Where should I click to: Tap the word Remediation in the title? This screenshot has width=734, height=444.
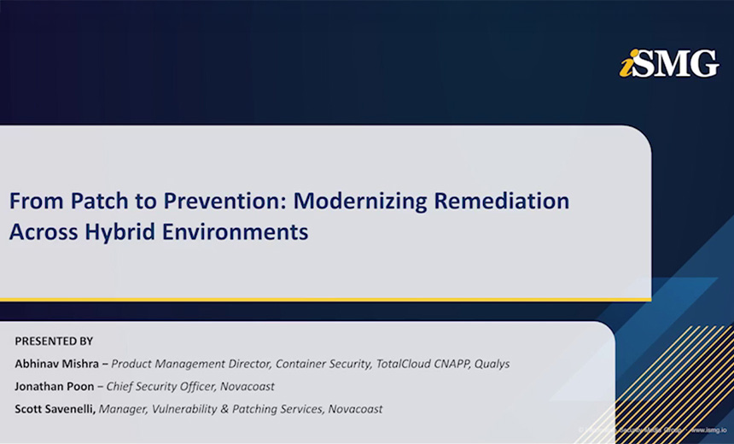point(501,202)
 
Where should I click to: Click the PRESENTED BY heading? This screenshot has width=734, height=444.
point(54,341)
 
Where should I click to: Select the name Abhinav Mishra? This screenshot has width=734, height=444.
point(55,364)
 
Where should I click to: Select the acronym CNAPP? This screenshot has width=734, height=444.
point(449,364)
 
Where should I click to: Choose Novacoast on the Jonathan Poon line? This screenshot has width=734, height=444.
point(247,386)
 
